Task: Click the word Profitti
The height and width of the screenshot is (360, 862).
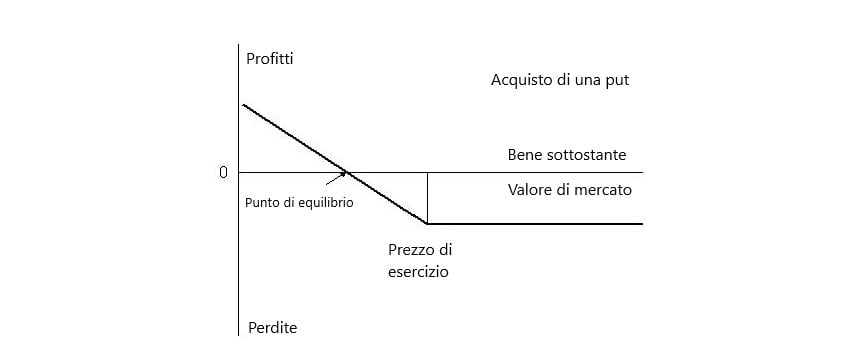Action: pyautogui.click(x=270, y=59)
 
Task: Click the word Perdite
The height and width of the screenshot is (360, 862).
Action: pyautogui.click(x=271, y=327)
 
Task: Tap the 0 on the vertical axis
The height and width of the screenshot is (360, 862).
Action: pyautogui.click(x=223, y=173)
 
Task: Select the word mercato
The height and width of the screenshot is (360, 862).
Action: pyautogui.click(x=603, y=188)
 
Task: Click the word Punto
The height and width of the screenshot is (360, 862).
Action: pyautogui.click(x=261, y=202)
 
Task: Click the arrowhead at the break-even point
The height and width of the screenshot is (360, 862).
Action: pyautogui.click(x=344, y=175)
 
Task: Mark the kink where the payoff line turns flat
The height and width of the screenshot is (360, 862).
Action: pyautogui.click(x=427, y=223)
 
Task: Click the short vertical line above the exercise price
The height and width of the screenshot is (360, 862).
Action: pyautogui.click(x=427, y=197)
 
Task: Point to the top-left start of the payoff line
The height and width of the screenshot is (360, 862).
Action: pyautogui.click(x=243, y=105)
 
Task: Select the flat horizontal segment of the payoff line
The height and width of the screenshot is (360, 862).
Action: pyautogui.click(x=535, y=223)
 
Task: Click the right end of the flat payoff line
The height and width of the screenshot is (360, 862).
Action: pyautogui.click(x=641, y=223)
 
